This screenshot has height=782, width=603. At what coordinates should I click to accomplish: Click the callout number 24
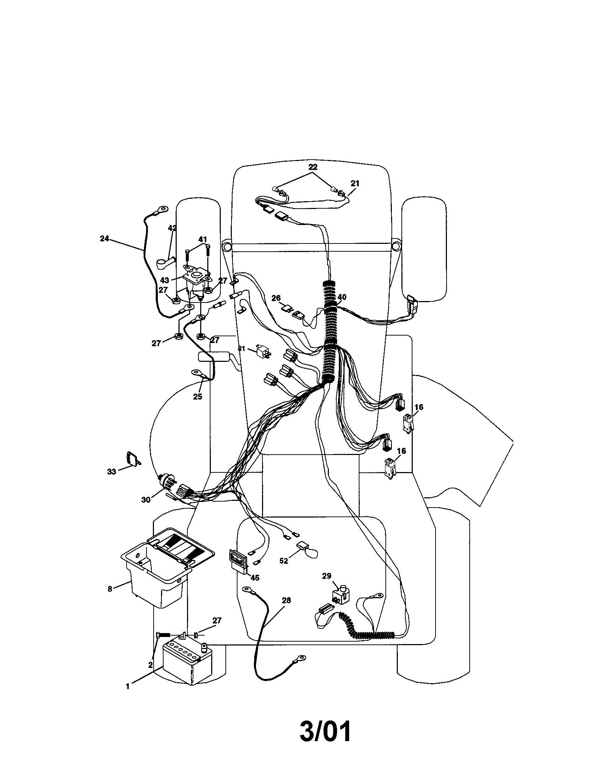104,239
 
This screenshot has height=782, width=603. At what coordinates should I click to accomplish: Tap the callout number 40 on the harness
342,297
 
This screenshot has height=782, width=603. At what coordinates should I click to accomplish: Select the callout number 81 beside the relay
242,348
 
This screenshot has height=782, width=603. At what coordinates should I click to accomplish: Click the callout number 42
172,228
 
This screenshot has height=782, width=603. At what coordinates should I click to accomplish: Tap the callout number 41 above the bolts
203,239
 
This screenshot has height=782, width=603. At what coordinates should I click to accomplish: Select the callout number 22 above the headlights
313,167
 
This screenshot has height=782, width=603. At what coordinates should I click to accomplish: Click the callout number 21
354,183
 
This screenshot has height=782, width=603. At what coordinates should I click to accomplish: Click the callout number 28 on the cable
286,600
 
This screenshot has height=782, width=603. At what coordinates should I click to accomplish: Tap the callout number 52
284,561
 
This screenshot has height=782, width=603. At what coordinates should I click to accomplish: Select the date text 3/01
325,732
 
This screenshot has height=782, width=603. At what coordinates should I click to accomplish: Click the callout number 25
197,396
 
